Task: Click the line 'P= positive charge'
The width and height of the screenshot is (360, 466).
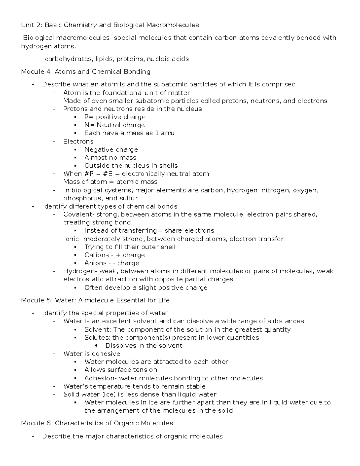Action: (115, 117)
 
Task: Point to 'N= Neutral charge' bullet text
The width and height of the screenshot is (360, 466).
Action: (115, 125)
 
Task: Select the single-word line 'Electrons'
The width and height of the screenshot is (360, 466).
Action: (78, 142)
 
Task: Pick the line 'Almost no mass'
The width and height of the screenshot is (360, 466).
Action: (110, 158)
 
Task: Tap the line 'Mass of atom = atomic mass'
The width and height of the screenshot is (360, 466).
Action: (110, 182)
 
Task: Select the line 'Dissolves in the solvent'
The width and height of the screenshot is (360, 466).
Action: (144, 346)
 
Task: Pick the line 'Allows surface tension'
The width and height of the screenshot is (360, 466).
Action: (121, 370)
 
